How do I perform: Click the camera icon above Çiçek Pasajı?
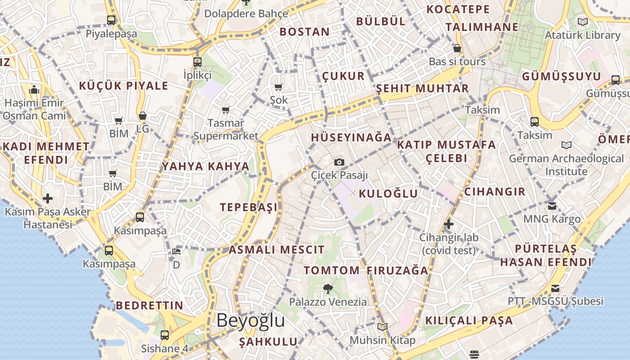[x=339, y=162]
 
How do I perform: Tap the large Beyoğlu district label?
[x=251, y=320]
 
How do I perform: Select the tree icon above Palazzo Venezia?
[x=328, y=289]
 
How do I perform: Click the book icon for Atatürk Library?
[x=583, y=22]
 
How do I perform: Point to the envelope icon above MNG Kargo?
[x=552, y=206]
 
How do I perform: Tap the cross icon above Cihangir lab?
[x=448, y=224]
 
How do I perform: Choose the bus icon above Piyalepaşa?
[x=111, y=20]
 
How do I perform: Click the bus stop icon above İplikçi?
[x=198, y=62]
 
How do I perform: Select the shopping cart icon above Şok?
[x=279, y=87]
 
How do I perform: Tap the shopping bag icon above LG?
[x=143, y=116]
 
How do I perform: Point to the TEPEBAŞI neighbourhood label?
[x=249, y=207]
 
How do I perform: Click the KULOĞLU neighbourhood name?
[x=388, y=194]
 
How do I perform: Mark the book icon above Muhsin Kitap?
[x=382, y=327]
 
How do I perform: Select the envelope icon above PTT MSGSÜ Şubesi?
[x=556, y=288]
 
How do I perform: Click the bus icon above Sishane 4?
[x=165, y=335]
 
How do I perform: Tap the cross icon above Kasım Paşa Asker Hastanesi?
[x=48, y=198]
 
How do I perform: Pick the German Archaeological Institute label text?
[x=567, y=165]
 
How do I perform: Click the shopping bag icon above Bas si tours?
[x=457, y=48]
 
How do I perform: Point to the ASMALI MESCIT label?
[x=277, y=250]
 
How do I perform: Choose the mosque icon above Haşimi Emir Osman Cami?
[x=34, y=90]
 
